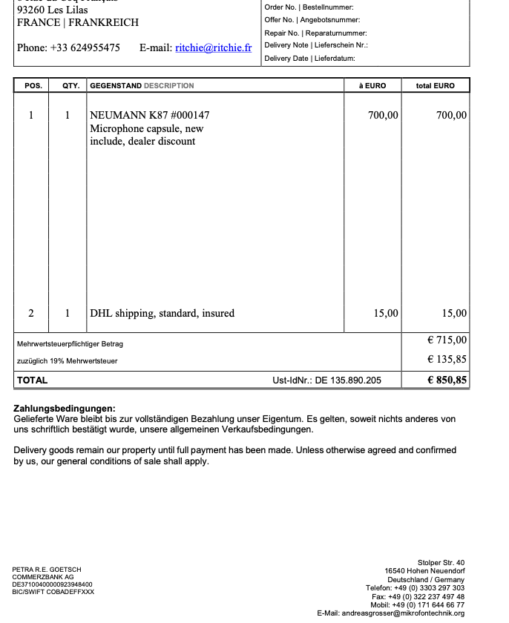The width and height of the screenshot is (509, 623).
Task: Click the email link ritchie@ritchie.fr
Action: (x=213, y=47)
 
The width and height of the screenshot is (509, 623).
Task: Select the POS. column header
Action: (x=33, y=86)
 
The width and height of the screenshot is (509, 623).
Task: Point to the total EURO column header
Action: (x=436, y=86)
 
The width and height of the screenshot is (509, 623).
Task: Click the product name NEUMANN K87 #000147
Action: (x=149, y=115)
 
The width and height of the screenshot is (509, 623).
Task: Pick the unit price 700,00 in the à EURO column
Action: (x=383, y=115)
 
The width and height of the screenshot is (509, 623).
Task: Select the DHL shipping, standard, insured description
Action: (x=162, y=313)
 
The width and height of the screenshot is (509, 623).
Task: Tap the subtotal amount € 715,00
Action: (x=447, y=340)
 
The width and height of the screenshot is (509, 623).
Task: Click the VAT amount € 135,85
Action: (x=447, y=360)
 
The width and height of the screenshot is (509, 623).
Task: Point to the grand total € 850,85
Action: (x=447, y=380)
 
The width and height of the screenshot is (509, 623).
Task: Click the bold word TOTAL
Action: (x=32, y=380)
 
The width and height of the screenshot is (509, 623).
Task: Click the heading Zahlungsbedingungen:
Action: (x=65, y=409)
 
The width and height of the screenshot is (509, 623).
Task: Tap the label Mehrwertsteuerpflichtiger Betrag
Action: (x=70, y=344)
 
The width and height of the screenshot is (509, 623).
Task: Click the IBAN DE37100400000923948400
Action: (x=53, y=584)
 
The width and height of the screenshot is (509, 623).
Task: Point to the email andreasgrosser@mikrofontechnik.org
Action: (x=390, y=613)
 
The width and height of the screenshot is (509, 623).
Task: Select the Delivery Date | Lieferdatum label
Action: (x=309, y=59)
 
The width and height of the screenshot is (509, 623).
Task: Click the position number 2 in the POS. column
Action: (x=31, y=313)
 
